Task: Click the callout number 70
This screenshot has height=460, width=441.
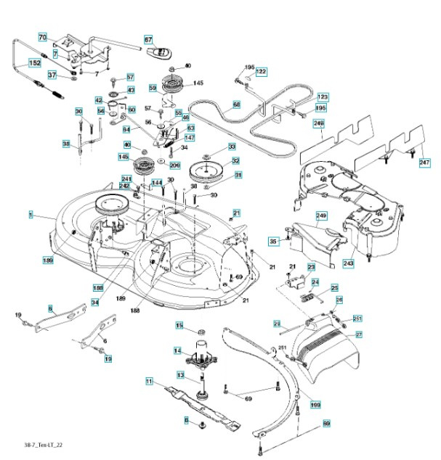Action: point(42,37)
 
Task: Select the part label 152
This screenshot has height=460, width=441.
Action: point(34,64)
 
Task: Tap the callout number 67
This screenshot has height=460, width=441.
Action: point(148,40)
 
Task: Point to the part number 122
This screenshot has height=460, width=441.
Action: point(261,71)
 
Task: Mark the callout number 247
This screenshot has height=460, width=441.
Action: point(425,163)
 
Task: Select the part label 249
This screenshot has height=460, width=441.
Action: point(321,215)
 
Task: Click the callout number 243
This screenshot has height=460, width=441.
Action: point(348,263)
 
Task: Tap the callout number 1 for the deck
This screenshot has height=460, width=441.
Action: point(31,215)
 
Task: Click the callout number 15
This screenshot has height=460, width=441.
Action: point(179,325)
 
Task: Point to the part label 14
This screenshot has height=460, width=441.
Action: point(177,350)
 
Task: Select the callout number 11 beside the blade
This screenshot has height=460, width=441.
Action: point(149,380)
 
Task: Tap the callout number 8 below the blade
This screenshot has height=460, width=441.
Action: point(186,419)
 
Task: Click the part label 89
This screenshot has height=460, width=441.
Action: point(326,423)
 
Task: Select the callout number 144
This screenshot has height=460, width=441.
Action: point(157,182)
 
